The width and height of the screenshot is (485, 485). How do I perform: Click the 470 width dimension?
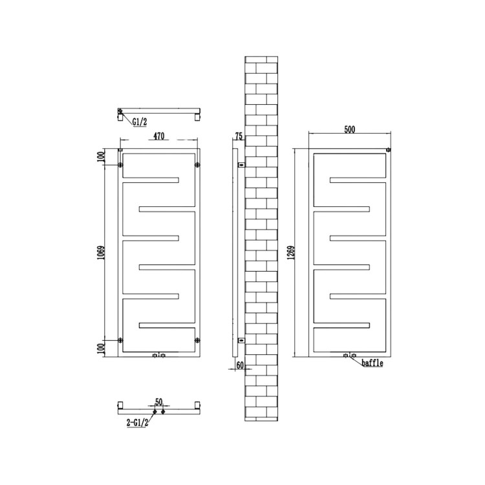click(x=159, y=137)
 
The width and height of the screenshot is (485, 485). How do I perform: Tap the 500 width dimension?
click(x=349, y=129)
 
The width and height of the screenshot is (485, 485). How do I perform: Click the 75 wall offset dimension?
click(x=239, y=136)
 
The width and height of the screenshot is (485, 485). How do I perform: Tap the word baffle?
click(x=373, y=363)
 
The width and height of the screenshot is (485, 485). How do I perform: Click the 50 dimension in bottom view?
click(x=158, y=401)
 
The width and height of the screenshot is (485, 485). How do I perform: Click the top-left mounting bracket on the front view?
click(x=121, y=166)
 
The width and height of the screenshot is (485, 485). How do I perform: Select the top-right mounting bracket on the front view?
click(x=195, y=166)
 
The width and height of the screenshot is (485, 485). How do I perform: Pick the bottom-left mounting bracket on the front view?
click(x=121, y=339)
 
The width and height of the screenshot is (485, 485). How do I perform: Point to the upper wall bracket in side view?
click(x=240, y=165)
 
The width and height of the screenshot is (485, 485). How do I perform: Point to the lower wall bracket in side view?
click(x=240, y=338)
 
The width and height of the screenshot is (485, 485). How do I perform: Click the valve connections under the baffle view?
click(x=350, y=355)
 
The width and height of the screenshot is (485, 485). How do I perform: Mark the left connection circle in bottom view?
click(x=155, y=411)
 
